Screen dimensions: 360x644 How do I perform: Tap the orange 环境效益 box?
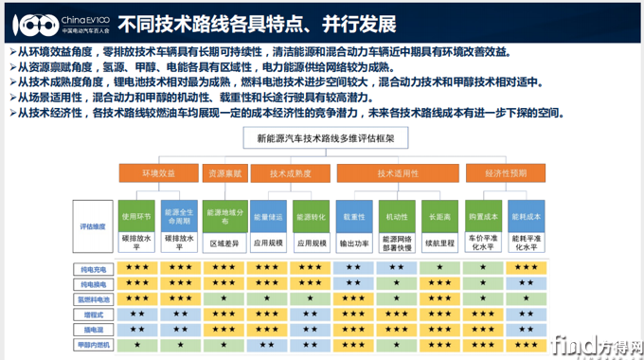158,173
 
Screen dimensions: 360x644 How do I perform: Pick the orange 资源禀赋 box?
224,173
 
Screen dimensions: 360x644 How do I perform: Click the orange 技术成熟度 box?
291,173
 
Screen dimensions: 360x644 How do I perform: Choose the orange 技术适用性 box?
398,173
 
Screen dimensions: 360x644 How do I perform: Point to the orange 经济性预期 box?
506,173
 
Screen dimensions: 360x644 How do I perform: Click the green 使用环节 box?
136,214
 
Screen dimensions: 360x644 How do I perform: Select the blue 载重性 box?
354,214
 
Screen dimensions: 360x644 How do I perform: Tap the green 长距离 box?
439,214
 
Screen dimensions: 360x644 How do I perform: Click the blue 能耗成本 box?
526,214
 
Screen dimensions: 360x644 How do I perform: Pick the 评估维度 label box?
91,226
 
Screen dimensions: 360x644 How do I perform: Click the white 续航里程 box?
439,242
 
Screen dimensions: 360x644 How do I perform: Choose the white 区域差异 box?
224,242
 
